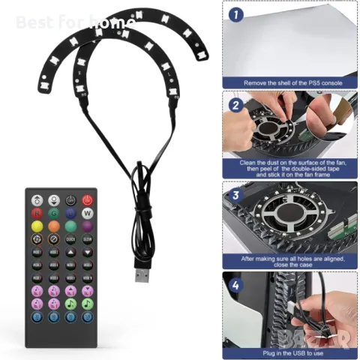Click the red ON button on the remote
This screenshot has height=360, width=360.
(x=87, y=200)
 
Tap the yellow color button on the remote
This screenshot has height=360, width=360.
(x=36, y=226)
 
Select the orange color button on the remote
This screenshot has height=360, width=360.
(x=53, y=226)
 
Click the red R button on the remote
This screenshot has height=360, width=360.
(x=36, y=214)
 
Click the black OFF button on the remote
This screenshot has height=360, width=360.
(x=70, y=200)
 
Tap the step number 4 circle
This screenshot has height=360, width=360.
(x=235, y=285)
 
